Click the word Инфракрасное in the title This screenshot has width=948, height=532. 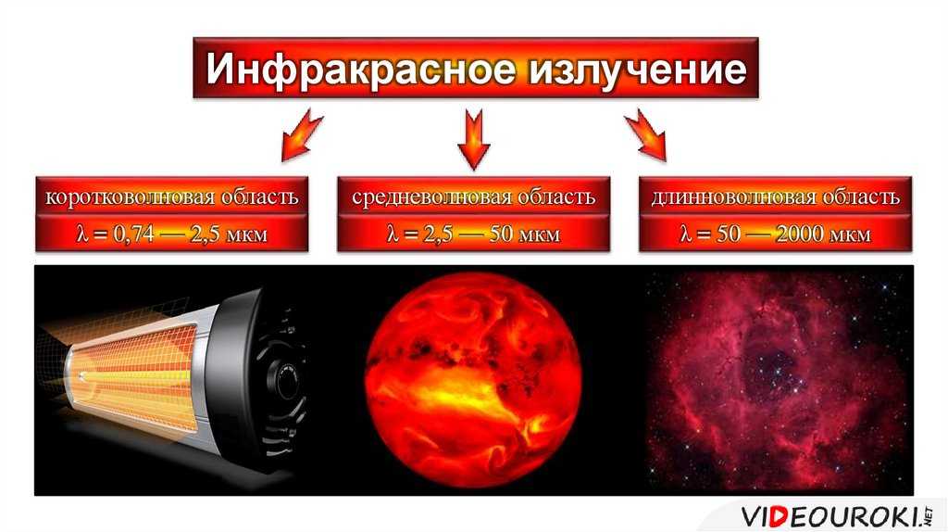tap(360, 69)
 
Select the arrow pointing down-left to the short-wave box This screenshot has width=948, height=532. tap(303, 135)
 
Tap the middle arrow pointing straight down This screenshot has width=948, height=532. tap(474, 139)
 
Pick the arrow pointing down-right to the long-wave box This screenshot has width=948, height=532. tap(645, 135)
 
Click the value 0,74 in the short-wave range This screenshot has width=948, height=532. tap(133, 234)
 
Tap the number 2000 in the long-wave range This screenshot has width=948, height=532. tap(802, 234)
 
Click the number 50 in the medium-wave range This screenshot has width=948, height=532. tap(501, 234)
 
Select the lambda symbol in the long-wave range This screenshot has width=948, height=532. tap(685, 234)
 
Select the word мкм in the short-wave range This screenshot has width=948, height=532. tap(246, 234)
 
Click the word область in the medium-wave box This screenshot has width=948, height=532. tap(558, 196)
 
